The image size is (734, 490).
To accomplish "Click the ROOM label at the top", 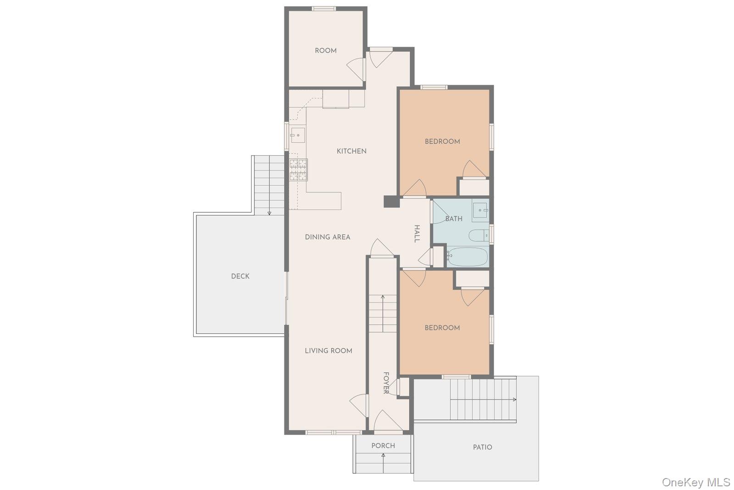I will click(x=325, y=51).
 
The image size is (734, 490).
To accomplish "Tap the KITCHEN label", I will click(x=351, y=151).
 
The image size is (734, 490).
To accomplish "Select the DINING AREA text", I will click(x=328, y=237).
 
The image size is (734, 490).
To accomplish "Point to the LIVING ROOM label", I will click(x=328, y=350).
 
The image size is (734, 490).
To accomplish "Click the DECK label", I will click(x=240, y=276).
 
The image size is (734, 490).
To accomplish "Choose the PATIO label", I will click(x=482, y=447).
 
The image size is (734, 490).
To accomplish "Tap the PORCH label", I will click(x=383, y=445).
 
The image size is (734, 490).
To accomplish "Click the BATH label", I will click(x=454, y=219).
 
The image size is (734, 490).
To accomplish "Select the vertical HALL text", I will click(x=417, y=234).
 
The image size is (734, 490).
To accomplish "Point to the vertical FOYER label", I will click(x=386, y=383).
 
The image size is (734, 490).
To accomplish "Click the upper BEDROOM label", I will click(x=442, y=141).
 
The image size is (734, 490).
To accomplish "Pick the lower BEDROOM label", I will click(x=442, y=327).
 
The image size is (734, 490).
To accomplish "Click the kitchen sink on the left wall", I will click(x=298, y=135).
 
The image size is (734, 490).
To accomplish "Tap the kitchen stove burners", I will click(x=298, y=169).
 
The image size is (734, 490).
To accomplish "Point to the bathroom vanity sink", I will click(x=481, y=212).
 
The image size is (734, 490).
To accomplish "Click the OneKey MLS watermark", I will click(x=695, y=482).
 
